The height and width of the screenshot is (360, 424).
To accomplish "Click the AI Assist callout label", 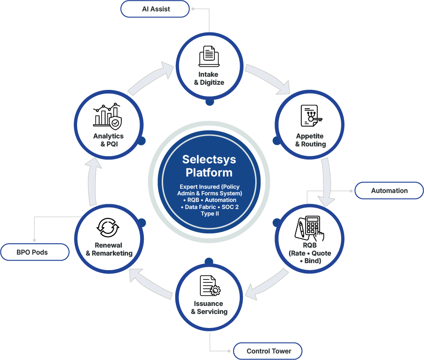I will pyautogui.click(x=155, y=9).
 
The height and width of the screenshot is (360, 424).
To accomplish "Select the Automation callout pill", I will pyautogui.click(x=389, y=191).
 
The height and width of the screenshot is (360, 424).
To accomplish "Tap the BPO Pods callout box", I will pyautogui.click(x=35, y=252).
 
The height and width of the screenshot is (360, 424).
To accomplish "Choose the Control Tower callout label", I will pyautogui.click(x=268, y=351).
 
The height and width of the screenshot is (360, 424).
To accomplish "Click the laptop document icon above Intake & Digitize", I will pyautogui.click(x=209, y=56).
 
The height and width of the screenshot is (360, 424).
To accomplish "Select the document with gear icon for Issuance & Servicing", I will pyautogui.click(x=210, y=286).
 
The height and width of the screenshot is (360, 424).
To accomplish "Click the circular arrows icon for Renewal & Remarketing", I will pyautogui.click(x=108, y=227).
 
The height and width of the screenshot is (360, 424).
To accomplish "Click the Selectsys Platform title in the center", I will pyautogui.click(x=209, y=166).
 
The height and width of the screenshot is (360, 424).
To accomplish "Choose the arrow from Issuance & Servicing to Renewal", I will pyautogui.click(x=150, y=285).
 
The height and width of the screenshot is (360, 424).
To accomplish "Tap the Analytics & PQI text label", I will pyautogui.click(x=108, y=140).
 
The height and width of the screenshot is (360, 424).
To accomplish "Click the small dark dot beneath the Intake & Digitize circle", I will pyautogui.click(x=210, y=102).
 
